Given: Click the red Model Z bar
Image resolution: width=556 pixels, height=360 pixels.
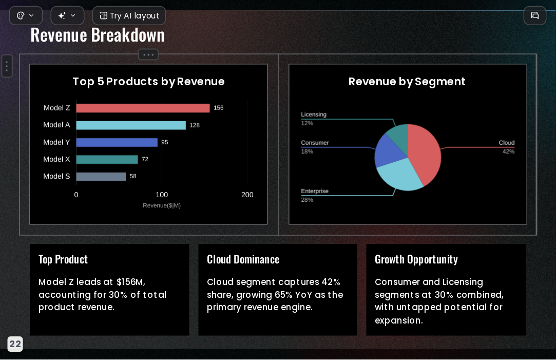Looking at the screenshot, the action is pyautogui.click(x=143, y=108).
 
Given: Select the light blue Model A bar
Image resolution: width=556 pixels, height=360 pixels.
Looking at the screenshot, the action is pyautogui.click(x=131, y=125).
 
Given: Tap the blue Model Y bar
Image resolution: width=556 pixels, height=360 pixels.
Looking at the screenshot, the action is pyautogui.click(x=117, y=142).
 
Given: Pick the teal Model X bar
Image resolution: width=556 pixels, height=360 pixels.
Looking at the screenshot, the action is pyautogui.click(x=107, y=160).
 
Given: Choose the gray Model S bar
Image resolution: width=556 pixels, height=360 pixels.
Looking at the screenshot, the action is pyautogui.click(x=101, y=177).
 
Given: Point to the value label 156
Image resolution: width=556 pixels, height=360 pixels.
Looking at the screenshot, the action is pyautogui.click(x=218, y=108).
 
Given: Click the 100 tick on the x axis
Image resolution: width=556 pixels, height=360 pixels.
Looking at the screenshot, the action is pyautogui.click(x=162, y=195).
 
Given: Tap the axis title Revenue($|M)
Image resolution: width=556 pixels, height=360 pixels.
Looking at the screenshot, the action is pyautogui.click(x=162, y=205).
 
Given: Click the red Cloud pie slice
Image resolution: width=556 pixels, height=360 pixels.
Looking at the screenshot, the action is pyautogui.click(x=426, y=153).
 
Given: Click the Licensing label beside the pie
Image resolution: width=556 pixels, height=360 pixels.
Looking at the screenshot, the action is pyautogui.click(x=314, y=115).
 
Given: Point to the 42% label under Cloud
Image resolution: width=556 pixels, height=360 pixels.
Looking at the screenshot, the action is pyautogui.click(x=508, y=151).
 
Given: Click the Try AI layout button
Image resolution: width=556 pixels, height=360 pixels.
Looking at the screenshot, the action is pyautogui.click(x=129, y=15).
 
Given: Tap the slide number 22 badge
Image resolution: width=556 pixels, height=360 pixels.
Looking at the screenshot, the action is pyautogui.click(x=15, y=344).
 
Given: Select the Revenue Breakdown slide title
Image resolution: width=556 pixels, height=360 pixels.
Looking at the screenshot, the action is pyautogui.click(x=98, y=35).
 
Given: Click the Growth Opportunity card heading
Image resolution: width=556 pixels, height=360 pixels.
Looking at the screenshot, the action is pyautogui.click(x=416, y=259).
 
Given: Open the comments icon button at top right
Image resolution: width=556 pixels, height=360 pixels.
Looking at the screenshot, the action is pyautogui.click(x=535, y=15).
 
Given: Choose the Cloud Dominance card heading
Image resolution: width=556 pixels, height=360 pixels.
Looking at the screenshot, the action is pyautogui.click(x=243, y=259).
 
